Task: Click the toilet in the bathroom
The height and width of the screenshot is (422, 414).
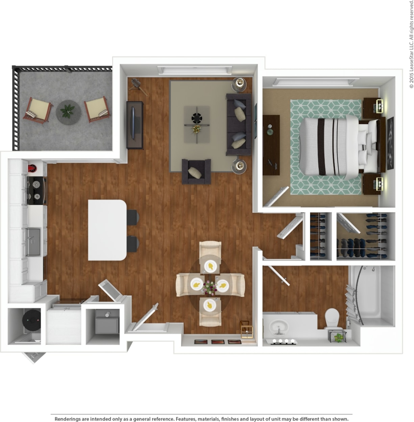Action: point(332,318)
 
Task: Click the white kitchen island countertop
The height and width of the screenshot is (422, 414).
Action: point(107,230)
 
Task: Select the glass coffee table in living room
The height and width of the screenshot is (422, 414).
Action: point(196,124)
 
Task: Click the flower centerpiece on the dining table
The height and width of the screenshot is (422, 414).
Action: point(210,288)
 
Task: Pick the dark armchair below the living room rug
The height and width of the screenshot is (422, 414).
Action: point(196,171)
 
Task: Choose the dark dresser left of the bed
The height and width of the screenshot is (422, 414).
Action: point(271,145)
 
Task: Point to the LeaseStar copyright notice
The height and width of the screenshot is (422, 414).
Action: point(411,44)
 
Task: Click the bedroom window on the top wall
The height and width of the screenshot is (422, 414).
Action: point(316,82)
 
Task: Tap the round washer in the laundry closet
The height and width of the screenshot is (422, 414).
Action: point(31,319)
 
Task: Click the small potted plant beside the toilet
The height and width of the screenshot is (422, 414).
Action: point(338,337)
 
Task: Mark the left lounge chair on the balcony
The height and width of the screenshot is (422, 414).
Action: point(37,110)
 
